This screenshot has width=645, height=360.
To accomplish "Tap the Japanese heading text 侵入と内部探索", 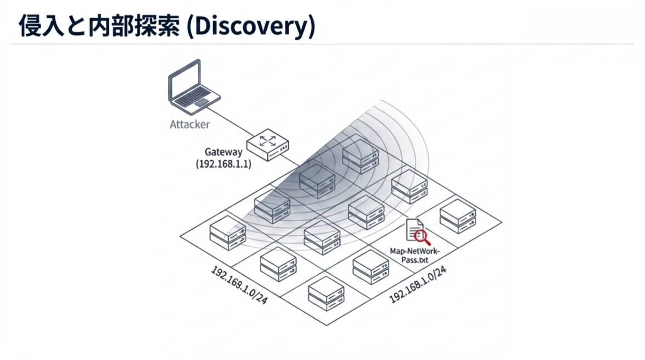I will point(99,27).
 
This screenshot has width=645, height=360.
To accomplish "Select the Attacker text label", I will point(189,125).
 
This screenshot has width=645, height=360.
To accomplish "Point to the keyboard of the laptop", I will point(193,97).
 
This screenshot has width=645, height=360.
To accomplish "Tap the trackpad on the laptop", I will point(202,103).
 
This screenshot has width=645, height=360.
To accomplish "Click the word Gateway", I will point(224,152).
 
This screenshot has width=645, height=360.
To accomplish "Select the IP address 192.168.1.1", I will point(223,164).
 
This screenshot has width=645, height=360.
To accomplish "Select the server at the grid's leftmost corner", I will point(228,233).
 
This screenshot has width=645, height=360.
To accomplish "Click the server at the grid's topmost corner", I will point(360,157).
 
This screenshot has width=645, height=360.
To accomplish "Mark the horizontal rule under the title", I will point(322,45).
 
